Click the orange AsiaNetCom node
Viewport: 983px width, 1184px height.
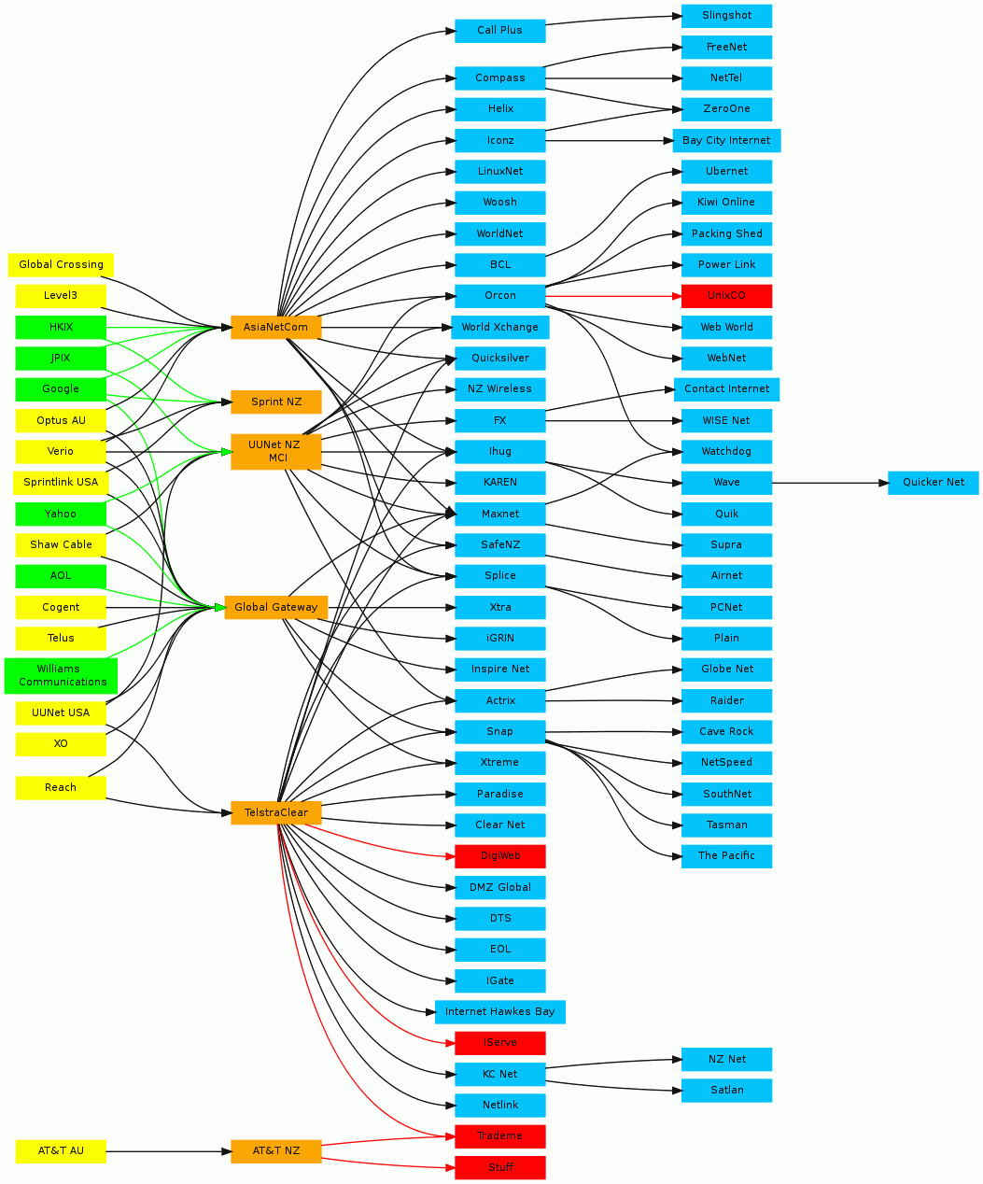275,327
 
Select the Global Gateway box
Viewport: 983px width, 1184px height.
276,607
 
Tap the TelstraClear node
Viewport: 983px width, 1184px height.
276,812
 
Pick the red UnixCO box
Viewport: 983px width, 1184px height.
726,296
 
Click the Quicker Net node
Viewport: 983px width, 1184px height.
934,483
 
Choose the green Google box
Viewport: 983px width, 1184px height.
61,389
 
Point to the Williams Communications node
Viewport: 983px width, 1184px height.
61,675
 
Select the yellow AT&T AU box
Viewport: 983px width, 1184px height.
61,1151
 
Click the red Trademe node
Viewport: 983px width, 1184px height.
500,1135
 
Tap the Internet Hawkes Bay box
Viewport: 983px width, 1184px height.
500,1011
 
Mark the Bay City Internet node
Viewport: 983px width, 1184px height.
726,141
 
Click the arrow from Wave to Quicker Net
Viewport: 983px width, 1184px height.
830,483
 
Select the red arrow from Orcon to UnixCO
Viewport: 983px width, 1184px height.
613,296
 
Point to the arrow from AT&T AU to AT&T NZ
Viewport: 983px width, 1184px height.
168,1151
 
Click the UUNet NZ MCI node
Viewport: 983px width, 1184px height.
276,451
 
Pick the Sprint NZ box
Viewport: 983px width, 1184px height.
276,402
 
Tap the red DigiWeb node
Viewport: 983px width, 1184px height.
500,856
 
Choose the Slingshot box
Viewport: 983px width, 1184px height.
726,16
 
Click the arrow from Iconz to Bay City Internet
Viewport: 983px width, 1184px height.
609,141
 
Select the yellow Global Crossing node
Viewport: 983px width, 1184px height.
61,265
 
